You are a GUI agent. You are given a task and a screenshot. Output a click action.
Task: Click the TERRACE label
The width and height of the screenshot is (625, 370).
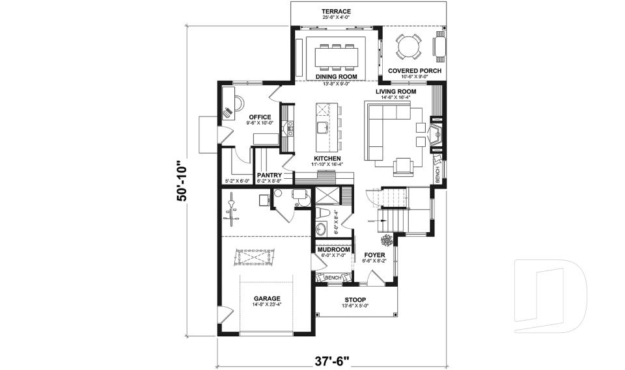337,12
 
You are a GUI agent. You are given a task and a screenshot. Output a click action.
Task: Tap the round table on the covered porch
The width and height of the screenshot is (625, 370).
409,47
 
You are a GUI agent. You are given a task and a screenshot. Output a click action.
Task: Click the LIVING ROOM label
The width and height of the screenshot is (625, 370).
395,92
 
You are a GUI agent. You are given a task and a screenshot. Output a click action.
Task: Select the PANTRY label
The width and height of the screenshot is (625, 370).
269,176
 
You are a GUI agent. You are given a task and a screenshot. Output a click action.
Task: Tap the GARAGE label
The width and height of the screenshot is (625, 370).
267,298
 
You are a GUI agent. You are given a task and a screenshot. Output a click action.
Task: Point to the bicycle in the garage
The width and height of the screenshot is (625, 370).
232,207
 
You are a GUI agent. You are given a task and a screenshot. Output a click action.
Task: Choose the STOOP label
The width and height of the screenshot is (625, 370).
355,299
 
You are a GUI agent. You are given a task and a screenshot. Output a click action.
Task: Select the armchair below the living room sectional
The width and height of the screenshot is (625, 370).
404,166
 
